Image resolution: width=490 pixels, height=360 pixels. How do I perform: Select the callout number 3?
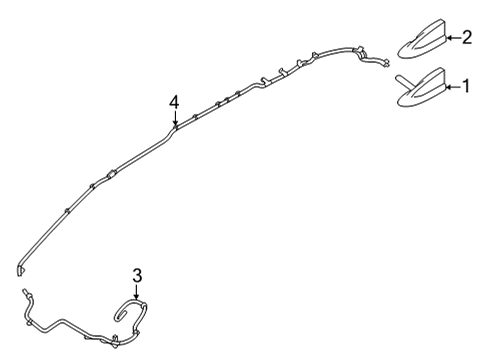[138, 274]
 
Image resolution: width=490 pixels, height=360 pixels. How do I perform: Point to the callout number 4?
[175, 102]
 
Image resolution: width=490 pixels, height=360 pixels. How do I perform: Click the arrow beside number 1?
[454, 88]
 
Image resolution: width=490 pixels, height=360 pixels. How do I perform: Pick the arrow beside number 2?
[454, 38]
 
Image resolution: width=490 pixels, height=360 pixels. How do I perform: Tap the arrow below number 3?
[138, 293]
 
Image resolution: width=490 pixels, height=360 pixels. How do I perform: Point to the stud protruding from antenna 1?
[399, 79]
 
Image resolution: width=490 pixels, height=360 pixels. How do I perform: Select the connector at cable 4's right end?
[382, 65]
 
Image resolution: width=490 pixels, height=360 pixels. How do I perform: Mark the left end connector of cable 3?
[22, 293]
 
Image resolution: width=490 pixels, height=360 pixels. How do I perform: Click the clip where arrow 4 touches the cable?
[175, 125]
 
